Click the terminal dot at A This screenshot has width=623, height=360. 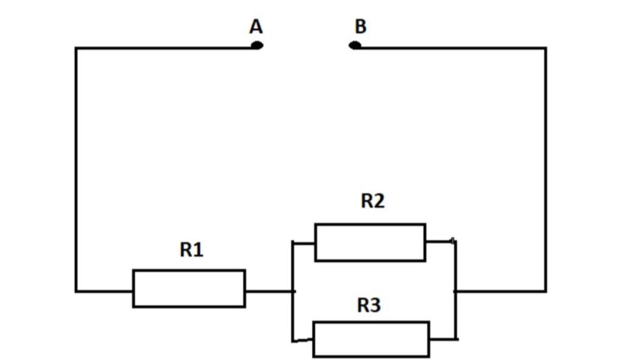(x=257, y=45)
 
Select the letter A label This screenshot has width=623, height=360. (x=256, y=27)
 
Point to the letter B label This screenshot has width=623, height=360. (x=360, y=27)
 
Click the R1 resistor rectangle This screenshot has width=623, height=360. (x=189, y=288)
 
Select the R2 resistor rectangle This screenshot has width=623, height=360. (x=370, y=243)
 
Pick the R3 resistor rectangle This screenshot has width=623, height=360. (x=371, y=339)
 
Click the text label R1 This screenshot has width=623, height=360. (x=191, y=249)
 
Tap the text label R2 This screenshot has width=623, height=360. (x=372, y=201)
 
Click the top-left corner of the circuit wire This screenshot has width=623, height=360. (x=76, y=48)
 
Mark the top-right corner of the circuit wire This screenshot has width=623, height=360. (x=545, y=48)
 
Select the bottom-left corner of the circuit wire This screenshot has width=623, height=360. (x=76, y=291)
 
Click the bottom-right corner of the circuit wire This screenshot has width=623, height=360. (x=545, y=291)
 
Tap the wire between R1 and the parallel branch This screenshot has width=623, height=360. (x=269, y=291)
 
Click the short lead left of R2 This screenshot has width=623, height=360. (x=304, y=243)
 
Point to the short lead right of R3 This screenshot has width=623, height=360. (x=443, y=339)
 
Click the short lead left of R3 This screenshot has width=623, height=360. (x=302, y=340)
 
